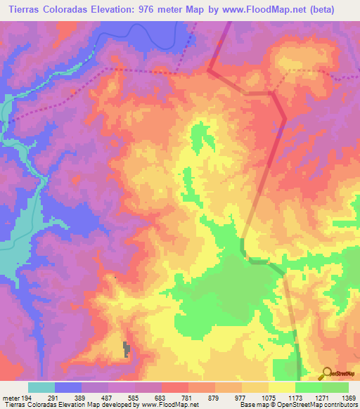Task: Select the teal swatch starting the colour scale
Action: pos(41,387)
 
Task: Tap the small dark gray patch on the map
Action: pos(127,349)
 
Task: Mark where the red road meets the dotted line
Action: pos(210,70)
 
